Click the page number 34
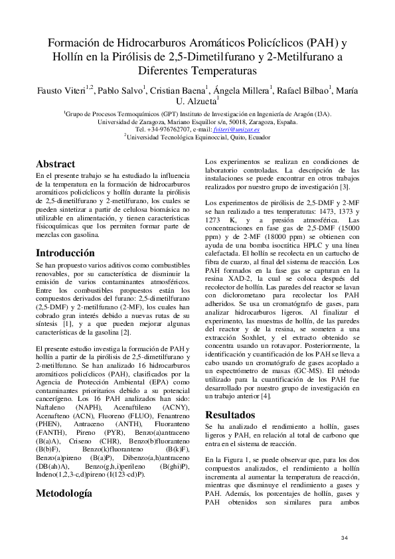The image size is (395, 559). point(344,537)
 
